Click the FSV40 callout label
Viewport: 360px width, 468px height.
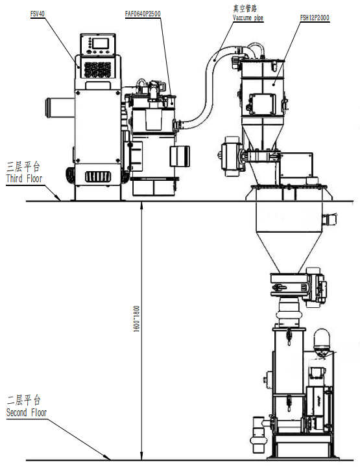click(x=38, y=14)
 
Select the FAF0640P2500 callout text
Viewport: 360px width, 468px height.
click(x=143, y=14)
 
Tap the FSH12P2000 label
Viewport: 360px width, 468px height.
click(x=315, y=18)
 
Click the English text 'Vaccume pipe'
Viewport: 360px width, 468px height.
click(x=248, y=18)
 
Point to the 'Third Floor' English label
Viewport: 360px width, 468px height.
click(x=24, y=179)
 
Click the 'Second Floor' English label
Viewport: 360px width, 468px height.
click(x=27, y=413)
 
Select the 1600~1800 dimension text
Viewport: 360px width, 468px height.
click(x=136, y=318)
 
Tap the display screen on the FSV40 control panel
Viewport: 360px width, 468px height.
click(x=101, y=43)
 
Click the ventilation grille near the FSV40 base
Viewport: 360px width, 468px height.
click(x=98, y=177)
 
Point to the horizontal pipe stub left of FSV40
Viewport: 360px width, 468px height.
click(x=60, y=108)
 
